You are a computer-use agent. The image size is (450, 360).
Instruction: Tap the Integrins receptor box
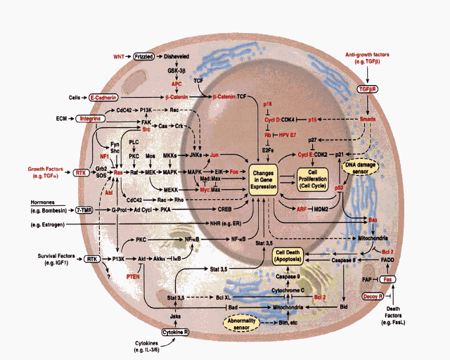tap(92, 119)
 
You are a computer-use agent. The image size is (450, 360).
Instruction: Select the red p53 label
tap(340, 189)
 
